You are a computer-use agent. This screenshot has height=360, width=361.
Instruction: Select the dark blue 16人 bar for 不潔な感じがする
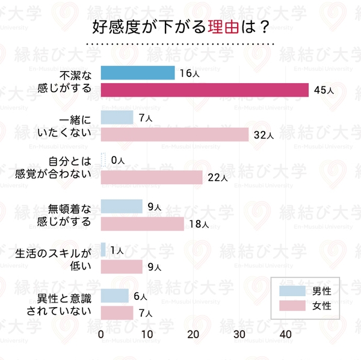pyautogui.click(x=137, y=73)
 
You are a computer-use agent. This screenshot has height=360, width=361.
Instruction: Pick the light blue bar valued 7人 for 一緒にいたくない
pyautogui.click(x=117, y=117)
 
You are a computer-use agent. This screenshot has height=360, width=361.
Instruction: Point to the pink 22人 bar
pyautogui.click(x=152, y=178)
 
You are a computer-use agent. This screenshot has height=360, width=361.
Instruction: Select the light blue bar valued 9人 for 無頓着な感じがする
pyautogui.click(x=122, y=206)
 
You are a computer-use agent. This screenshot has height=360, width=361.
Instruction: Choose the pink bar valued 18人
pyautogui.click(x=142, y=224)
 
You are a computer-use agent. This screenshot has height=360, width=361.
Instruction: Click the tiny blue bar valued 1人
pyautogui.click(x=103, y=250)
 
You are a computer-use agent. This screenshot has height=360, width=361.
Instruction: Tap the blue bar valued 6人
pyautogui.click(x=114, y=296)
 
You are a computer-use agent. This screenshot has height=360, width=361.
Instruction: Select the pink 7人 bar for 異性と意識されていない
pyautogui.click(x=117, y=313)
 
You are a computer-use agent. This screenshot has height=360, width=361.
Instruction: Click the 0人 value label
pyautogui.click(x=118, y=161)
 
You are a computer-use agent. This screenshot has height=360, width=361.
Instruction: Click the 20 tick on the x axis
pyautogui.click(x=194, y=334)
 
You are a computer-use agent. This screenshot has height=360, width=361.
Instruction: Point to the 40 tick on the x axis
pyautogui.click(x=286, y=334)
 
